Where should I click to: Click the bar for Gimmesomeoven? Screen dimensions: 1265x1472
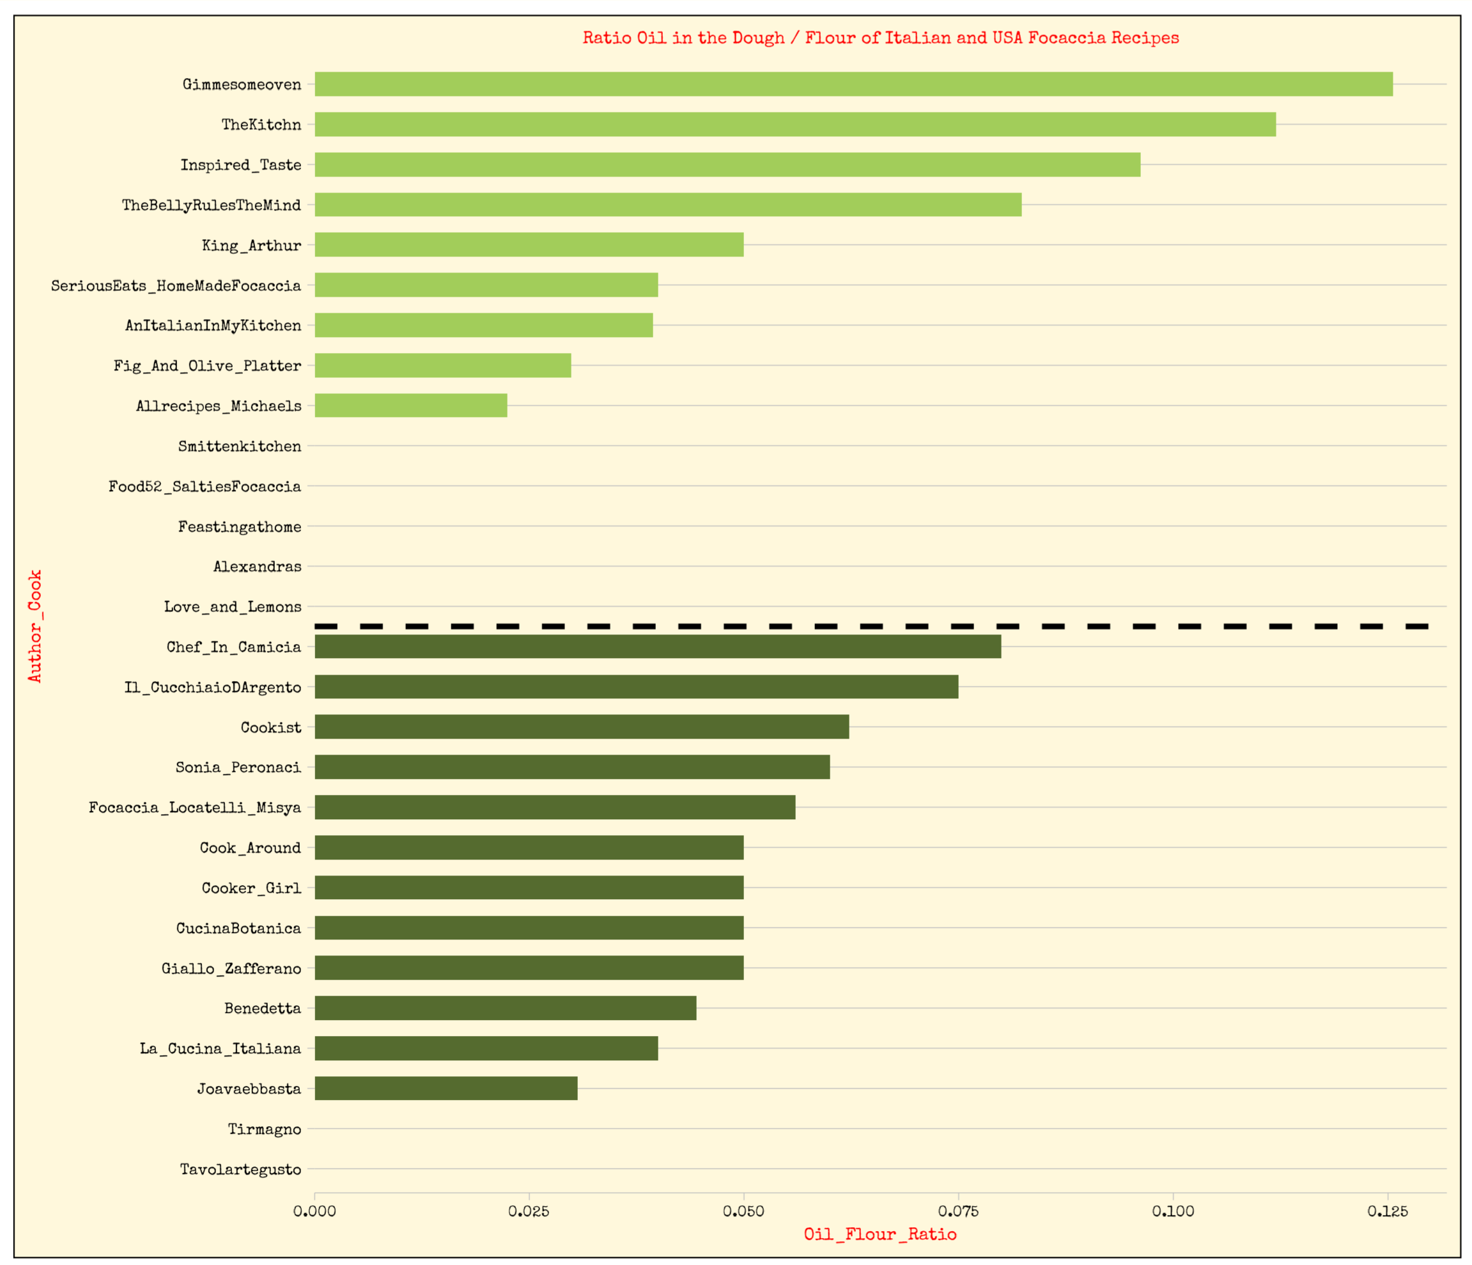(x=853, y=84)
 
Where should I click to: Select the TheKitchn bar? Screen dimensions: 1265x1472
(x=794, y=124)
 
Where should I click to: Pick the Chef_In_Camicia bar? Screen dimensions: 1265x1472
(x=657, y=647)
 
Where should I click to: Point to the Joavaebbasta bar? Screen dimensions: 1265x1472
(x=445, y=1088)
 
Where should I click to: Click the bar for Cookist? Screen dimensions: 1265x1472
(x=581, y=727)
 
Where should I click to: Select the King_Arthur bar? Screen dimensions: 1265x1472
(x=529, y=244)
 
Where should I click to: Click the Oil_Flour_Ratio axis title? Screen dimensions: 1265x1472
(x=879, y=1234)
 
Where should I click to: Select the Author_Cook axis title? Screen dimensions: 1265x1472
(x=35, y=625)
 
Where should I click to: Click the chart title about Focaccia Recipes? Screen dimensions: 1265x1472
(x=880, y=38)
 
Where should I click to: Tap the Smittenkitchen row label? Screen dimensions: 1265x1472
(x=240, y=446)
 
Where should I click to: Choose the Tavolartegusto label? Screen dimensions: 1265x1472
(x=240, y=1169)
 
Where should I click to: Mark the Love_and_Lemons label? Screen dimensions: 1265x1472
(x=232, y=607)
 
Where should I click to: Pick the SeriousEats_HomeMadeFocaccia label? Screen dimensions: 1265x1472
(x=176, y=286)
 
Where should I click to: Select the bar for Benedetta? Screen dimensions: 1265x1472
(x=505, y=1008)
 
